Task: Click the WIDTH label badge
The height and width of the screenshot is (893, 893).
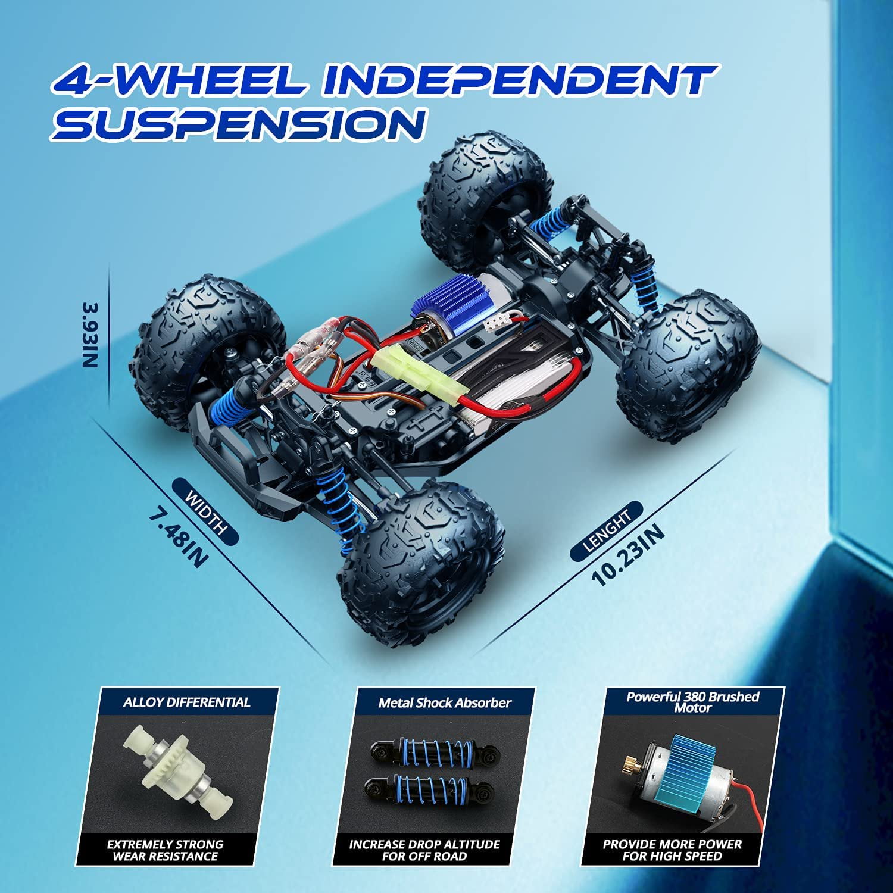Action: click(x=205, y=513)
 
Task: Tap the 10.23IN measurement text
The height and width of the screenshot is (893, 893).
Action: click(x=628, y=556)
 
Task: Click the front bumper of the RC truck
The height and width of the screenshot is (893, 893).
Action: click(x=247, y=458)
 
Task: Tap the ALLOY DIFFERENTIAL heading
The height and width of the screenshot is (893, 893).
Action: click(x=187, y=702)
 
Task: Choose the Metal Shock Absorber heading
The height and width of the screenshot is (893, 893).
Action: click(x=445, y=703)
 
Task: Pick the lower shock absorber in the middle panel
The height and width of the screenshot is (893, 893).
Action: click(x=429, y=791)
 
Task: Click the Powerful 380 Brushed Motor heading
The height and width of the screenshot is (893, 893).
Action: click(x=693, y=702)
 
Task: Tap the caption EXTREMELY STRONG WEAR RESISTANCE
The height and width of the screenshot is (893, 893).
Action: click(x=165, y=850)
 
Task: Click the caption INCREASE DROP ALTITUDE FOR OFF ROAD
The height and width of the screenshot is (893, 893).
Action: click(x=424, y=850)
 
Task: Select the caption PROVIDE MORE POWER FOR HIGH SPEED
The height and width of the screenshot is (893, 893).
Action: click(x=672, y=850)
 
